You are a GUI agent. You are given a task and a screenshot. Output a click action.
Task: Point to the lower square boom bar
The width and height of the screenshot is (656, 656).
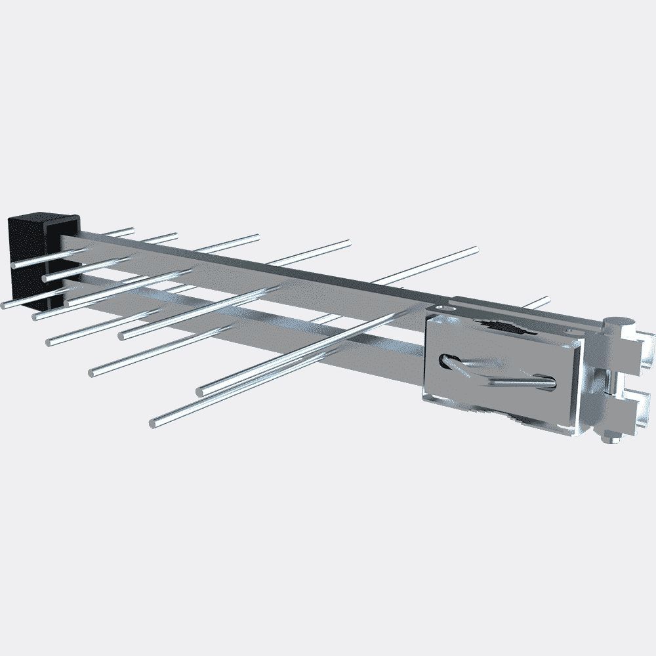click(262, 315)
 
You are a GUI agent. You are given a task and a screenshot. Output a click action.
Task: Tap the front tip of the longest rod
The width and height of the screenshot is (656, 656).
click(153, 422)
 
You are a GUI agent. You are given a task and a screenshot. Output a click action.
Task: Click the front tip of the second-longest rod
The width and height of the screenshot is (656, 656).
click(201, 392)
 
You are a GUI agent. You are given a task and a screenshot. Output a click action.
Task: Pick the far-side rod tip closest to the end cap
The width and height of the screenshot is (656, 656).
click(131, 230)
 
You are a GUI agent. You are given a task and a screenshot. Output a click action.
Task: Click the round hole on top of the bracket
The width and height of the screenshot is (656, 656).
click(445, 307)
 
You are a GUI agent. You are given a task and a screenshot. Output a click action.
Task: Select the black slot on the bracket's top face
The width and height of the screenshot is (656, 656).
click(502, 326)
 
